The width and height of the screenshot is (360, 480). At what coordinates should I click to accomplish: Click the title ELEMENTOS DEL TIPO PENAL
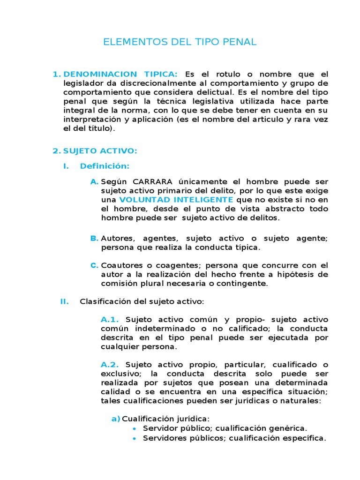[x=180, y=42]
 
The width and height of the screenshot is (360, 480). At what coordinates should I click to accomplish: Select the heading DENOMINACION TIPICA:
[x=120, y=74]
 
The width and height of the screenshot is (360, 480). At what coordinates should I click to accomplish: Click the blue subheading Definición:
[x=105, y=166]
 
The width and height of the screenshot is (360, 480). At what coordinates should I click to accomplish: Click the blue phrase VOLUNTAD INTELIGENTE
[x=173, y=200]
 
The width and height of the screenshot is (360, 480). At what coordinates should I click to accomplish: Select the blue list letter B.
[x=94, y=238]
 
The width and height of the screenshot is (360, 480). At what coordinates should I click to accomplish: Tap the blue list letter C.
[x=94, y=265]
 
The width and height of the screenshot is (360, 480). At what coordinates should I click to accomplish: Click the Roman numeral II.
[x=64, y=301]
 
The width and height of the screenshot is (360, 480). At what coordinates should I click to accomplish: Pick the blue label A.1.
[x=110, y=320]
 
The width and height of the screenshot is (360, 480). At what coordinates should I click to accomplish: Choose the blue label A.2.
[x=110, y=365]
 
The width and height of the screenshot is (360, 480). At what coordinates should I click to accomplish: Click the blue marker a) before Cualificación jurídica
[x=116, y=419]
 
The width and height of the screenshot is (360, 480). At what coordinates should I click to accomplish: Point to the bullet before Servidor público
[x=135, y=428]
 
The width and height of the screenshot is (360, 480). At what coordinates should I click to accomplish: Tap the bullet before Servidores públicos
[x=135, y=438]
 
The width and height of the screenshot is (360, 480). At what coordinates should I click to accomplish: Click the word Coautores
[x=119, y=265]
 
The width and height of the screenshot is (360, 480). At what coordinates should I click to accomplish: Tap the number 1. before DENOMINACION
[x=57, y=74]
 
